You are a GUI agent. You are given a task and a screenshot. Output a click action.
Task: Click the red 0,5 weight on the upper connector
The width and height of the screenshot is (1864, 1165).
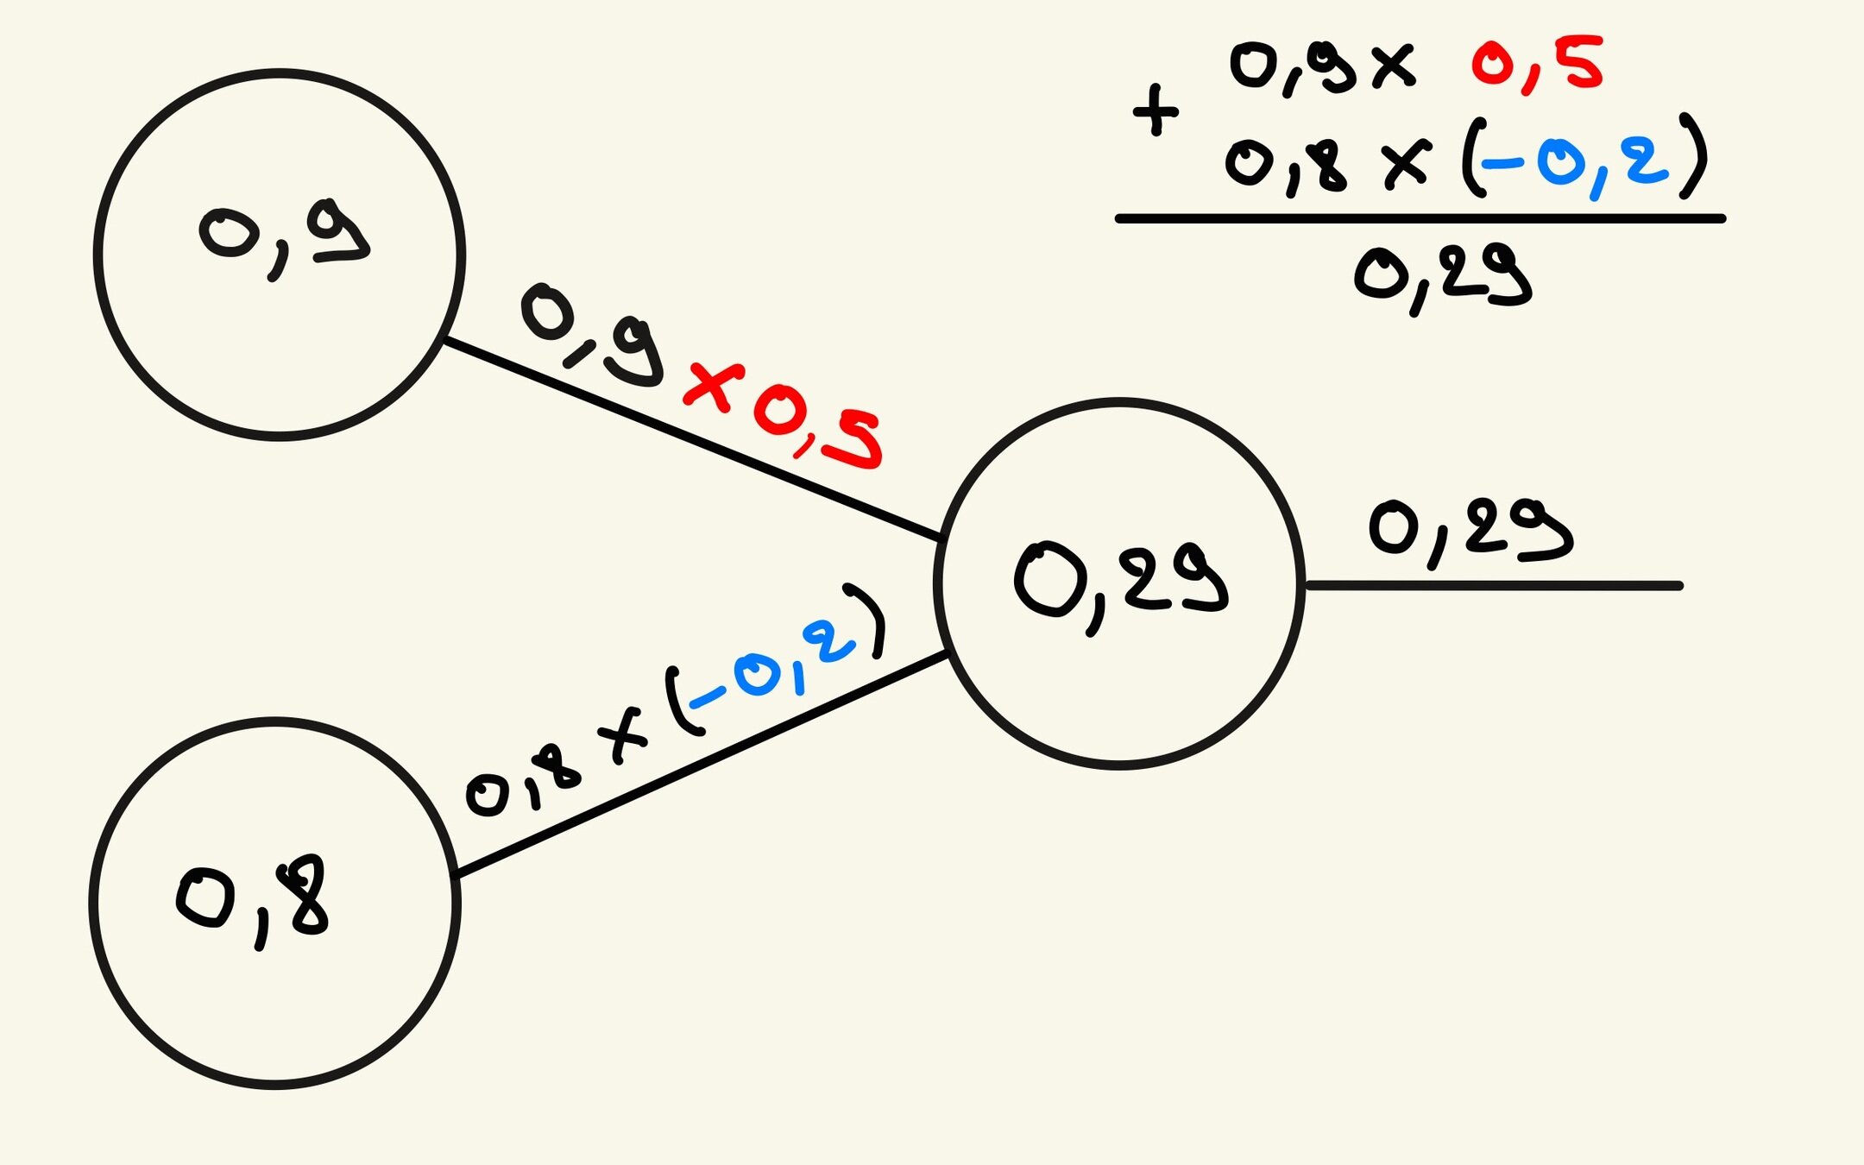coord(816,429)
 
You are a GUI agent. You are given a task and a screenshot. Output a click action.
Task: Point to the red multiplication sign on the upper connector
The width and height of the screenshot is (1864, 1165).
coord(714,387)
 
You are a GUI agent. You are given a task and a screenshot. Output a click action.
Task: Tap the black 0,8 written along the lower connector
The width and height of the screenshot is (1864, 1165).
coord(523,782)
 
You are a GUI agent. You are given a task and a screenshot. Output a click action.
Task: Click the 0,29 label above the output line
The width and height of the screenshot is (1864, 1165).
coord(1470,531)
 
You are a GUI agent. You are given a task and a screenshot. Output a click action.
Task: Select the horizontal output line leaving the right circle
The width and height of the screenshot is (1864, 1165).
coord(1493,586)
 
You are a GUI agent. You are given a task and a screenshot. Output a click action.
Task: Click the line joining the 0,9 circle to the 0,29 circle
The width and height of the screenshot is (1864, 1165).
coord(690,439)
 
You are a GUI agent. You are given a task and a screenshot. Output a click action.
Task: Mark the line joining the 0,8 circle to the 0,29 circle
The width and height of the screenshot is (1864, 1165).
coord(699,765)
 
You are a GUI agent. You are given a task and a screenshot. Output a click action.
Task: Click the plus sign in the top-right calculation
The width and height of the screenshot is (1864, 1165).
coord(1156,110)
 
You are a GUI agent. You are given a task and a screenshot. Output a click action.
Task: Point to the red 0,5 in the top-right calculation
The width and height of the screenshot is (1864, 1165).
coord(1537,65)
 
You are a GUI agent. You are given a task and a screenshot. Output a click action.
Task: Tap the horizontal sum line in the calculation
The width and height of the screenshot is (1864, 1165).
coord(1420,219)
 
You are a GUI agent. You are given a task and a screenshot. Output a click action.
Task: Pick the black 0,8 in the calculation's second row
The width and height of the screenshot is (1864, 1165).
coord(1285,164)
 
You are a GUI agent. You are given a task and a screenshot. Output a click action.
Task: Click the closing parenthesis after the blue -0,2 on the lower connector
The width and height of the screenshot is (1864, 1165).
coord(869,619)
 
